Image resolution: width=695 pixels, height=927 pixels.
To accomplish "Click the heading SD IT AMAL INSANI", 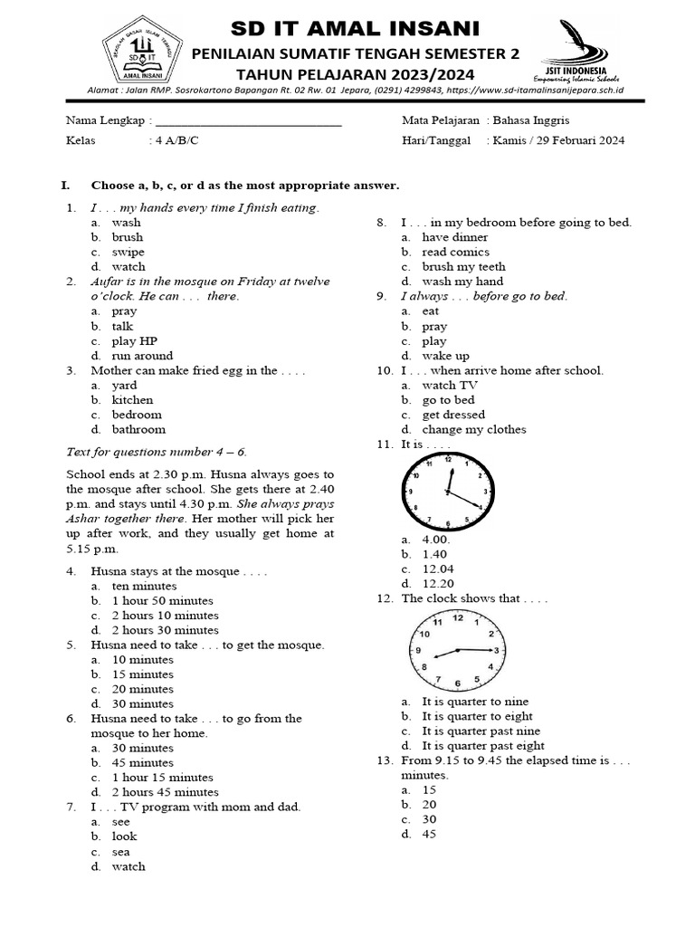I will [x=356, y=29].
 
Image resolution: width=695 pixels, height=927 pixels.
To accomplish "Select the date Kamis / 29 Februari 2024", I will [x=558, y=140].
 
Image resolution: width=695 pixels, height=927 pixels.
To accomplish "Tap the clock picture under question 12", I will [x=456, y=651].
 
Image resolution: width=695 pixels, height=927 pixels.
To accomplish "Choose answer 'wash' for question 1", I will [x=127, y=223].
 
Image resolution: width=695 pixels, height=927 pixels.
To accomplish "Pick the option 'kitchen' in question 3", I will [x=132, y=400].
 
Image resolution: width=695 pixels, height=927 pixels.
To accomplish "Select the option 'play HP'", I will [x=135, y=341].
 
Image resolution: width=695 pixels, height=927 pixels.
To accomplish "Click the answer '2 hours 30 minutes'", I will [x=165, y=630].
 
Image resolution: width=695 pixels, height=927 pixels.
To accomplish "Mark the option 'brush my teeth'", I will [x=463, y=267].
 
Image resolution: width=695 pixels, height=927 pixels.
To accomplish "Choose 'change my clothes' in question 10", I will [x=473, y=430].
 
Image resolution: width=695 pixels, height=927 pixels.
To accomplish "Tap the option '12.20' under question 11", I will [x=437, y=584].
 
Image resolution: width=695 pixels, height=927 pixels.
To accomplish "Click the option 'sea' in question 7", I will [x=121, y=852].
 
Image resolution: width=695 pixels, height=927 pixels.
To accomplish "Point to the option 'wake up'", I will [x=445, y=356].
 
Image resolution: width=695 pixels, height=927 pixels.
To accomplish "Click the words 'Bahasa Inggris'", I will [x=531, y=120].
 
